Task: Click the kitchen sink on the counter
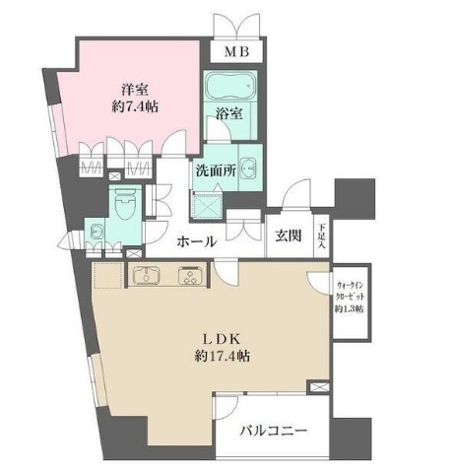point(146,275)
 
